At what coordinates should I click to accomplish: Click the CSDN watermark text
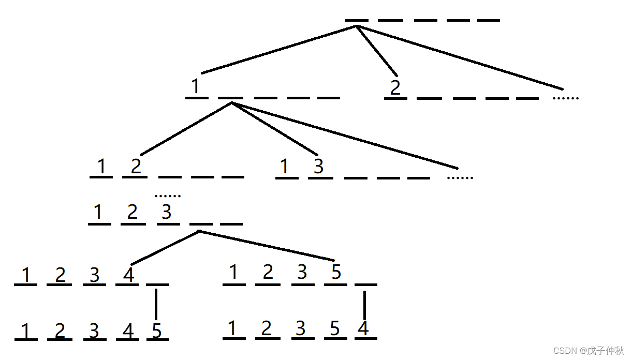click(x=589, y=350)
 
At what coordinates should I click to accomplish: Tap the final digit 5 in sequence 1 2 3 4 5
click(x=157, y=331)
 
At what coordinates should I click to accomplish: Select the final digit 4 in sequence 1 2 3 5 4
click(x=363, y=328)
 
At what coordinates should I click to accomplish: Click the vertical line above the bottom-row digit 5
click(x=156, y=305)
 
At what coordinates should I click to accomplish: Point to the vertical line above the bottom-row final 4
click(x=364, y=305)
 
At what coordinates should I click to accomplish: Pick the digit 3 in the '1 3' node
click(x=318, y=166)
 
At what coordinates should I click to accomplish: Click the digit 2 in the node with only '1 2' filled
click(x=136, y=166)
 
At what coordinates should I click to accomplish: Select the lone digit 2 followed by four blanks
click(x=395, y=87)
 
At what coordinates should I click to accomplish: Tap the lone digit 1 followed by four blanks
click(x=195, y=86)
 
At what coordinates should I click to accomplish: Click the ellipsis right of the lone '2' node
click(x=566, y=98)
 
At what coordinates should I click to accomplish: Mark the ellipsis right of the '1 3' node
click(x=460, y=178)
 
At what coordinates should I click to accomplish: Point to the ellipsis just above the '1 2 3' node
click(x=168, y=196)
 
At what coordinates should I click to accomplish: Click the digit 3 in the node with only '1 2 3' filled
click(x=167, y=212)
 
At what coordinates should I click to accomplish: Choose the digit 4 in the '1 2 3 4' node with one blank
click(x=129, y=274)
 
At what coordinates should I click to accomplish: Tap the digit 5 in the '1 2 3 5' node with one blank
click(x=336, y=272)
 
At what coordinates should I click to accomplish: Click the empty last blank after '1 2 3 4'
click(x=157, y=284)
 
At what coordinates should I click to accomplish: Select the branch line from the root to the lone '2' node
click(x=377, y=51)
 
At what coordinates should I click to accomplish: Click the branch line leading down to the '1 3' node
click(x=274, y=129)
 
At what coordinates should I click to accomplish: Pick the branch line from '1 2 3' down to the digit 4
click(x=165, y=248)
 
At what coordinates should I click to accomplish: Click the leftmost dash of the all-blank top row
click(x=357, y=20)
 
